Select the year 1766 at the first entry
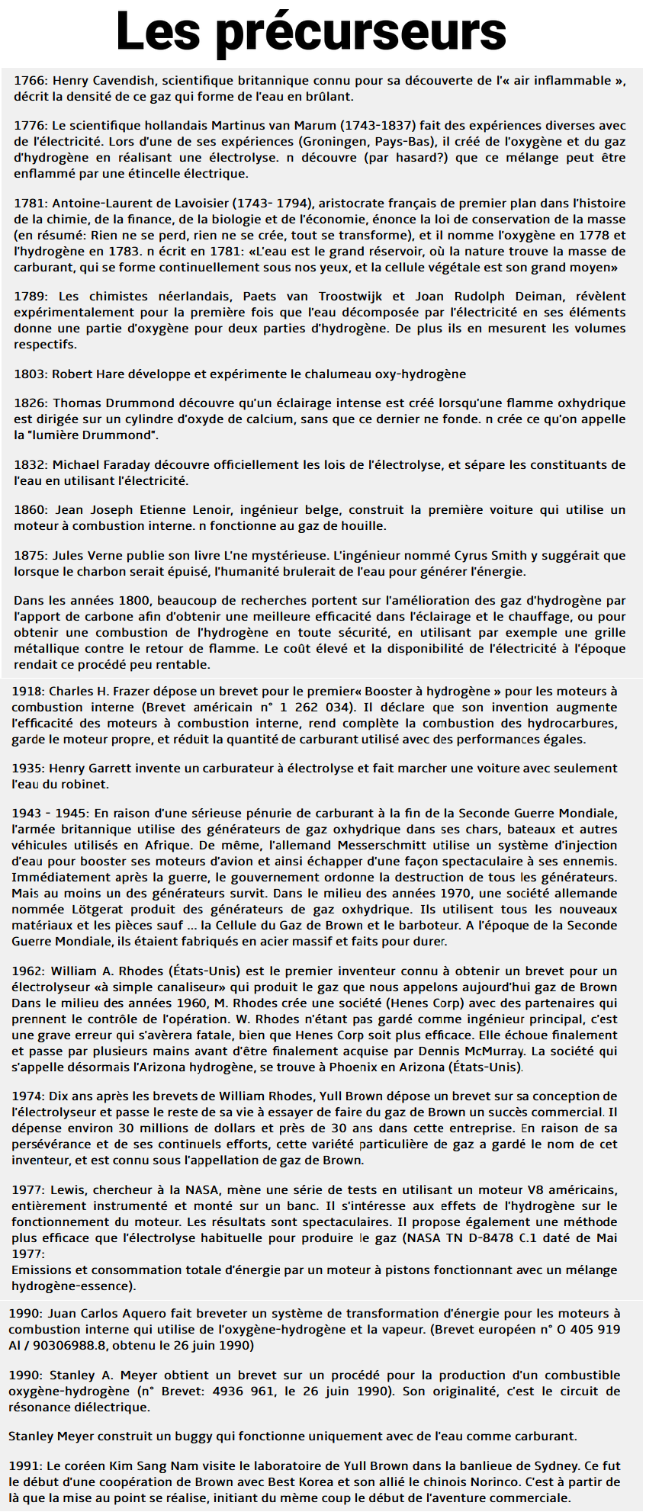pos(30,81)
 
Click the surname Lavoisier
pos(201,204)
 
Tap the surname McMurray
pos(493,1051)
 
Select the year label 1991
pos(25,1466)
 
